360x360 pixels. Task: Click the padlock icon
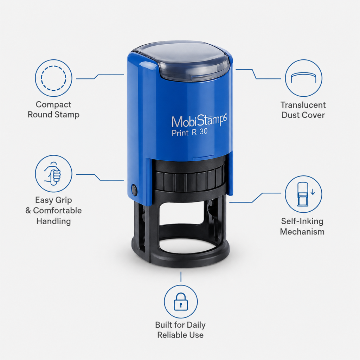point(181,301)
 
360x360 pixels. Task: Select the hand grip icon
point(53,173)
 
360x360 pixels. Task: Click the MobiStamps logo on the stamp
point(199,121)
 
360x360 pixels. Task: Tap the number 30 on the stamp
point(204,131)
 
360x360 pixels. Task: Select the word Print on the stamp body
point(180,133)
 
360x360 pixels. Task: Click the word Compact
point(53,105)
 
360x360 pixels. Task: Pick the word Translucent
point(303,105)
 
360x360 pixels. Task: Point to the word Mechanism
point(302,232)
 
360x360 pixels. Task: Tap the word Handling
point(53,221)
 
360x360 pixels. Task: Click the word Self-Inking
point(302,221)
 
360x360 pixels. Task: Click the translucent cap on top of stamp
point(181,60)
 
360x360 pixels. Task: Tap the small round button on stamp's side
point(134,189)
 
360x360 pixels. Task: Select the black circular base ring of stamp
point(180,262)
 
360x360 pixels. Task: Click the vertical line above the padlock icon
point(181,277)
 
